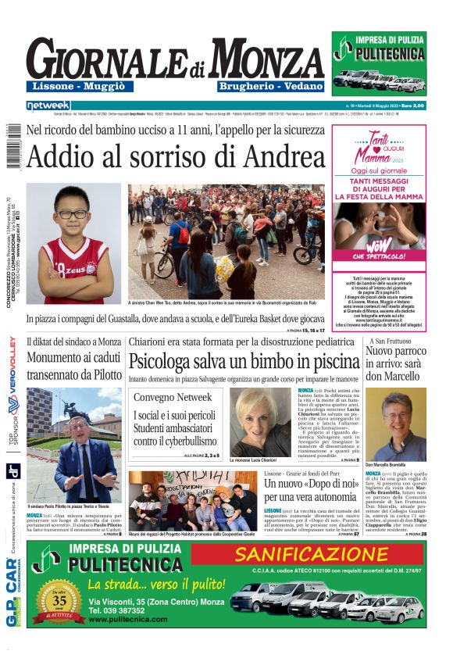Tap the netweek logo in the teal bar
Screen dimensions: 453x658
click(x=48, y=105)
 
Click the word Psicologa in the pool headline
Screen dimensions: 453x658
click(x=170, y=362)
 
